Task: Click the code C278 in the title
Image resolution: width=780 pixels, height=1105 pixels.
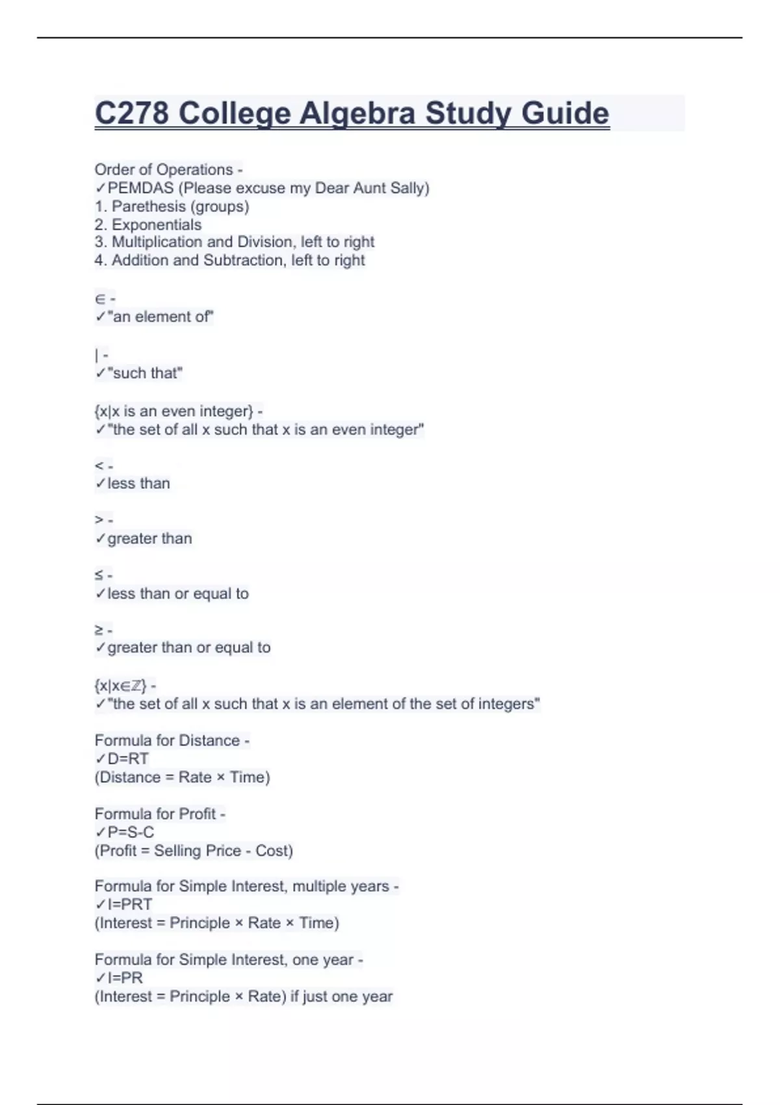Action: tap(132, 114)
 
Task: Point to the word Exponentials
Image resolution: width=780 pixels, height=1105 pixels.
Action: tap(157, 225)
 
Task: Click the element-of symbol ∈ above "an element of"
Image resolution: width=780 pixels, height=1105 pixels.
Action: tap(100, 299)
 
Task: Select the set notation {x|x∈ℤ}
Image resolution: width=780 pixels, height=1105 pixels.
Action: tap(120, 686)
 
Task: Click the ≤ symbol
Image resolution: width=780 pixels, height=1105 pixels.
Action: tap(99, 575)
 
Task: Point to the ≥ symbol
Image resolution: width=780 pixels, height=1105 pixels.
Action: tap(99, 630)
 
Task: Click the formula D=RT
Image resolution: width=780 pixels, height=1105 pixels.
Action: tap(128, 759)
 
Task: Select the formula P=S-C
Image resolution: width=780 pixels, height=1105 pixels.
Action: tap(131, 833)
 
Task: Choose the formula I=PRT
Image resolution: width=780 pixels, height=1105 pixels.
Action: tap(130, 905)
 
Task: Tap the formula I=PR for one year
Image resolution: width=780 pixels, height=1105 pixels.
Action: tap(125, 978)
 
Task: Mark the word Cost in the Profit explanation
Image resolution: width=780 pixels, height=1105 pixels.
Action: tap(273, 851)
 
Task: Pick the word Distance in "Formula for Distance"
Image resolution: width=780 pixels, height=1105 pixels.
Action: tap(209, 741)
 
